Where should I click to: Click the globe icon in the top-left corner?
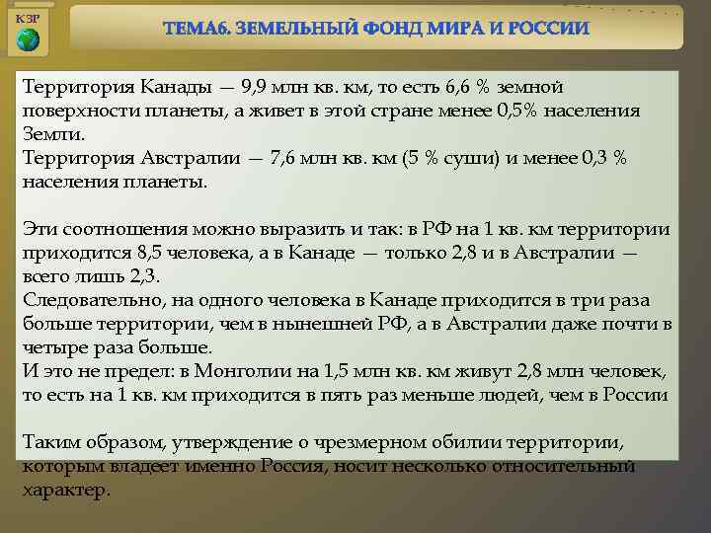click(x=28, y=40)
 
